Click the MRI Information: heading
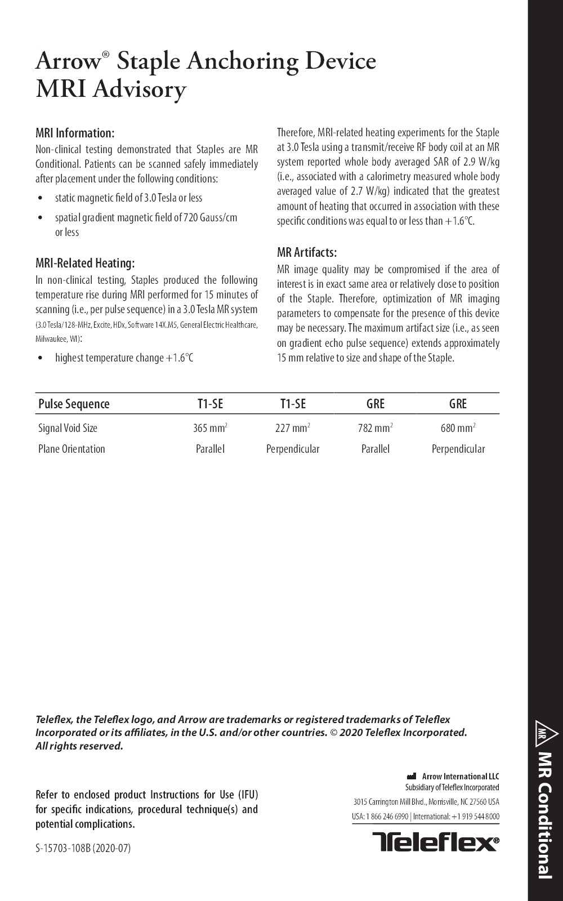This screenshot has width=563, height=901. (75, 133)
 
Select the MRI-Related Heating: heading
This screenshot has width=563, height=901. (85, 264)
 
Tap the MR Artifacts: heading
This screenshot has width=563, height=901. (307, 252)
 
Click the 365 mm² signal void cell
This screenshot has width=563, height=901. (210, 428)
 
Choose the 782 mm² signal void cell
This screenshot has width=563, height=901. (376, 428)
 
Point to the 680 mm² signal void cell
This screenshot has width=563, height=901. (458, 428)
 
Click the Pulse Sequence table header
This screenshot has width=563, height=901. (74, 404)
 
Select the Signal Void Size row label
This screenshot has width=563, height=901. (68, 428)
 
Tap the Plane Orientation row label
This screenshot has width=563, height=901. (72, 449)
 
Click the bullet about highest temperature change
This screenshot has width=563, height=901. (124, 358)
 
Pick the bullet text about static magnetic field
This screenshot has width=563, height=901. (128, 198)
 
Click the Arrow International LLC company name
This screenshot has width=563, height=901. (460, 777)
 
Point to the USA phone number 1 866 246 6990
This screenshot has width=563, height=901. (387, 817)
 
